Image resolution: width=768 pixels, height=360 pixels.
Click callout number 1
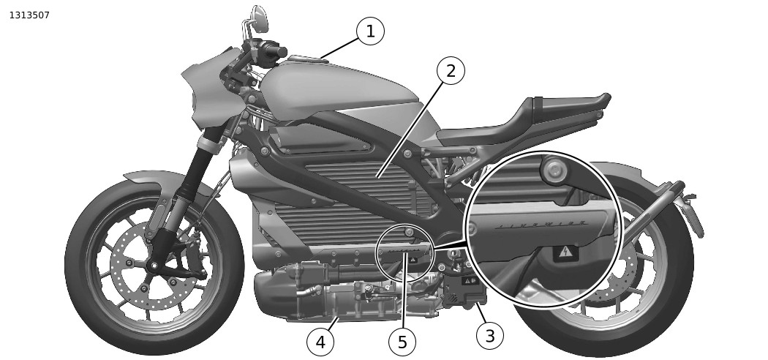[x=370, y=31]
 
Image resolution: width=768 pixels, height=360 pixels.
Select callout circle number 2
[x=451, y=71]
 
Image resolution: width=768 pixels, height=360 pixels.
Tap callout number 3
[x=489, y=336]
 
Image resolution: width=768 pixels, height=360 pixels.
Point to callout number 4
[x=320, y=341]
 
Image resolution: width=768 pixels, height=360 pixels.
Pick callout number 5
[x=402, y=341]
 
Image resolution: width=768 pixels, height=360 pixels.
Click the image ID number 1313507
[x=29, y=15]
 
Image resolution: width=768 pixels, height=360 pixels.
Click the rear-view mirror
[x=259, y=16]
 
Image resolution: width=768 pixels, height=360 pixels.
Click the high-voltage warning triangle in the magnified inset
[x=564, y=253]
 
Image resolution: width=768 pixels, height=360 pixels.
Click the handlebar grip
[x=275, y=51]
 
